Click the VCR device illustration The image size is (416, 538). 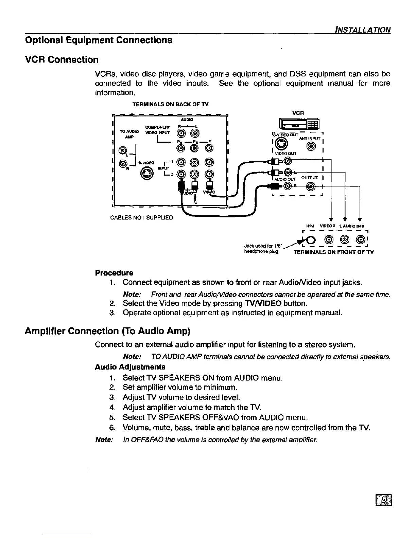click(298, 124)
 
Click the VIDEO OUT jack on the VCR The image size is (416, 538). click(288, 161)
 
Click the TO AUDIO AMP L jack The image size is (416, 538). click(121, 150)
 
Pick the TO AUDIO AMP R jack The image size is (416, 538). click(121, 164)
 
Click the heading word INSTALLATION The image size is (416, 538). click(362, 30)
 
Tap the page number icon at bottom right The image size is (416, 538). click(384, 500)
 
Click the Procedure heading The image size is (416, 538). click(114, 273)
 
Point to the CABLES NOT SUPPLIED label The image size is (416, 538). click(142, 217)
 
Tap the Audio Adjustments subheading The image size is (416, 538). click(130, 367)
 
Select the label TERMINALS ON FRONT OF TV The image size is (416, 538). click(333, 252)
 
